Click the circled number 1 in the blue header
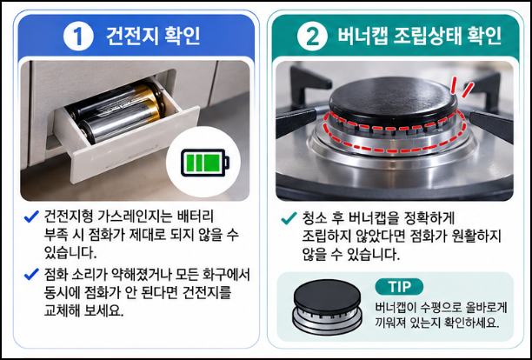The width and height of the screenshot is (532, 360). point(78,36)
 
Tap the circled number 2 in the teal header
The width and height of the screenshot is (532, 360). point(312,36)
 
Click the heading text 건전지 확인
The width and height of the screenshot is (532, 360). point(153,36)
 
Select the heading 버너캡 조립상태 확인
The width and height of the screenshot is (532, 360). point(419,36)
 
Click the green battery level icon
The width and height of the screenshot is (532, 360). point(205,163)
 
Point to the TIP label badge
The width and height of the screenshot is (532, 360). point(399,287)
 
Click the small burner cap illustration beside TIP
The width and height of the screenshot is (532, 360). point(328,307)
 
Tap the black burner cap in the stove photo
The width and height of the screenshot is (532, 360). point(393,100)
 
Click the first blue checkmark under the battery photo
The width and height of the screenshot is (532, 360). point(31,217)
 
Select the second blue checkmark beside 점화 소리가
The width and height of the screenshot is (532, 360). point(31,274)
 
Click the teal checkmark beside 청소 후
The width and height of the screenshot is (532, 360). point(289,218)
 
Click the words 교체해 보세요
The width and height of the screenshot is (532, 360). point(83,310)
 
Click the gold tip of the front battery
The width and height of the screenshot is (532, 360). point(152,110)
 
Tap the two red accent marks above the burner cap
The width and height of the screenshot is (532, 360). point(462,87)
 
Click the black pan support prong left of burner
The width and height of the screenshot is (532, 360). point(296,122)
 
